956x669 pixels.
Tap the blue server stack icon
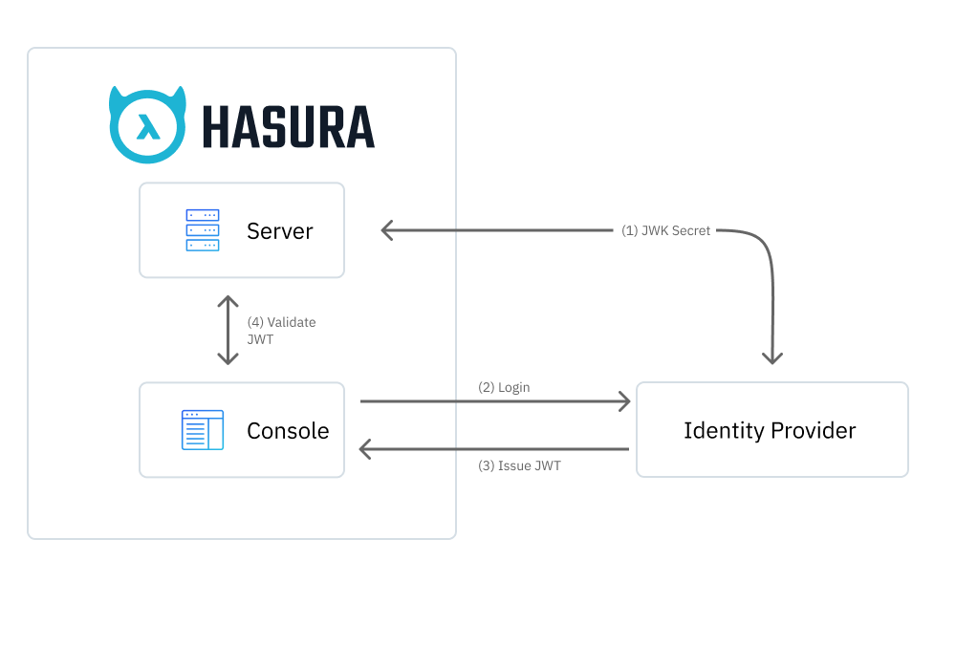point(202,230)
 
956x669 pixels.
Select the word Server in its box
point(279,230)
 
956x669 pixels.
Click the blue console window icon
point(202,430)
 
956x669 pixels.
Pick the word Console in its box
point(288,431)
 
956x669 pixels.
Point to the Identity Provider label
point(770,430)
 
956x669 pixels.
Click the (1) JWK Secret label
point(665,230)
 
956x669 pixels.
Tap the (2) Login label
point(504,387)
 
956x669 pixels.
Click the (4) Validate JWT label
point(281,331)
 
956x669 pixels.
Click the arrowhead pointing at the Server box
point(386,230)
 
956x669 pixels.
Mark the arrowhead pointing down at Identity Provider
point(771,357)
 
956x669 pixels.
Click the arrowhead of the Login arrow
point(624,401)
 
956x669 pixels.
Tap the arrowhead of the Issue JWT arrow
point(365,448)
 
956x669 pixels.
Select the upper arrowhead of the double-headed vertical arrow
point(228,301)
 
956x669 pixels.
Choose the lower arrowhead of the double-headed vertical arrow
point(228,358)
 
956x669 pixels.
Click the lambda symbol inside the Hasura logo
point(148,127)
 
